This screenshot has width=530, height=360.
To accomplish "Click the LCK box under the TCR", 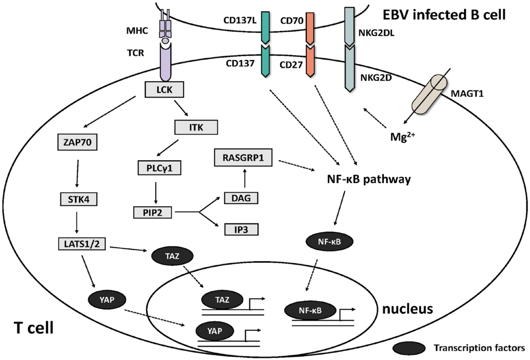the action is click(164, 90).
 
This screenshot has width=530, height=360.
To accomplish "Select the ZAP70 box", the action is click(77, 142).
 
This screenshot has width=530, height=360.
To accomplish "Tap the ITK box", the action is click(196, 127).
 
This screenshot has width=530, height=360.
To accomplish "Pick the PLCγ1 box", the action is click(159, 168).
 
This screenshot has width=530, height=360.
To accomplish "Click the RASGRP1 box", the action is click(243, 157).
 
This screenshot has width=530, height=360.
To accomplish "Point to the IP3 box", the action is click(241, 229).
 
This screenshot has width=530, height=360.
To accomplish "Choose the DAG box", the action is click(241, 198).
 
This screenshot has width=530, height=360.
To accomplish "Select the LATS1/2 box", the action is click(82, 244).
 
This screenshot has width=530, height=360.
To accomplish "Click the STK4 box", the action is click(79, 199).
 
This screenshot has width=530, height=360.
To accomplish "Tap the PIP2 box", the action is click(152, 212).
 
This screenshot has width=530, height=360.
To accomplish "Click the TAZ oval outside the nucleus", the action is click(172, 256).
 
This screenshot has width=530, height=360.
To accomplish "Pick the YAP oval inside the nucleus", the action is click(215, 331).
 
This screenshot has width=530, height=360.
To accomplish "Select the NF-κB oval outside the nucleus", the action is click(329, 242).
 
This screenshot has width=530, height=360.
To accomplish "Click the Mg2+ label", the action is click(402, 137).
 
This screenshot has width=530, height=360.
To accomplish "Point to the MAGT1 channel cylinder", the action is click(429, 94).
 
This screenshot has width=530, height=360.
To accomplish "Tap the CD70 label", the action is click(292, 21).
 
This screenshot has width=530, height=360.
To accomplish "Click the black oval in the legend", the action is click(409, 348).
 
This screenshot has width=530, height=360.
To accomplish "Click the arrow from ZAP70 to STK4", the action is click(77, 174).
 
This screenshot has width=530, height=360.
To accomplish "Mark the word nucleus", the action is click(407, 309).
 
